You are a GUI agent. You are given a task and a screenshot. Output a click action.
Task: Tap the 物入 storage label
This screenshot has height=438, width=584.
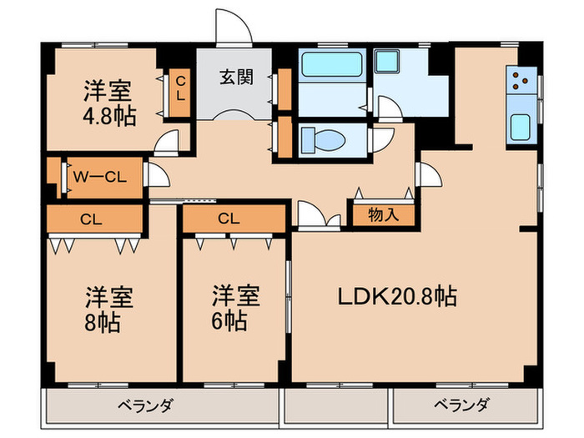coord(383,214)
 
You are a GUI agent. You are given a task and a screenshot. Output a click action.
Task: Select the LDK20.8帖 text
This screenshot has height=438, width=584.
coord(396,296)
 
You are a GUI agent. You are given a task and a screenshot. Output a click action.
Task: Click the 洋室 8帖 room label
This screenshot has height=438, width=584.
coord(108,309)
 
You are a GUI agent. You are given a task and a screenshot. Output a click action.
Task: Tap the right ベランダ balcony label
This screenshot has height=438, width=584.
coord(461,406)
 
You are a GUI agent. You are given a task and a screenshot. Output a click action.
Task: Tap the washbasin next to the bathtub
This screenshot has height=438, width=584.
coord(387,63)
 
